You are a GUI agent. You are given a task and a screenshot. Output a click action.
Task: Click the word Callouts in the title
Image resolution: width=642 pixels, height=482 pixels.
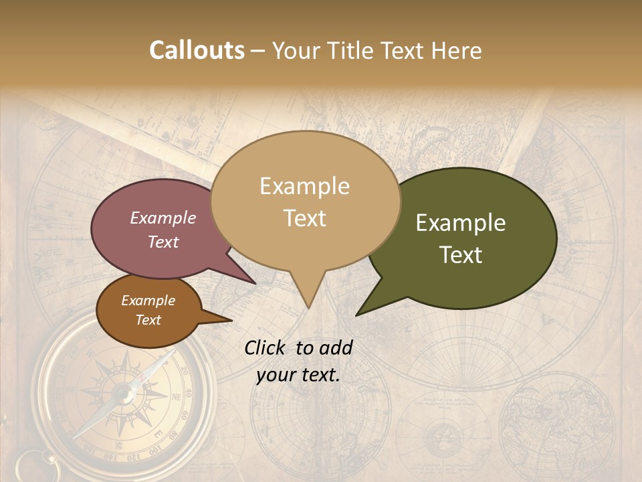point(197,50)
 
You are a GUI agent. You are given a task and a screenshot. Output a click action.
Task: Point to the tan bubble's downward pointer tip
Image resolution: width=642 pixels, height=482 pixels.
point(308,307)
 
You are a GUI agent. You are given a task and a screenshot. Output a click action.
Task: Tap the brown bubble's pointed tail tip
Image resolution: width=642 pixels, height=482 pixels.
point(231,321)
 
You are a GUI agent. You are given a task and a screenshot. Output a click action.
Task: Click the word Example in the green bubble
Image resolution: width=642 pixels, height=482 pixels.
point(461,223)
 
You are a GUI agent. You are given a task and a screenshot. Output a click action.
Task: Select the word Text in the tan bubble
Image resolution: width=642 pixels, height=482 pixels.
point(305,218)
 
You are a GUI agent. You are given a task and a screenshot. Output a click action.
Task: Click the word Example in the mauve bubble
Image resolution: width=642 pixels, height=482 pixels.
point(163,218)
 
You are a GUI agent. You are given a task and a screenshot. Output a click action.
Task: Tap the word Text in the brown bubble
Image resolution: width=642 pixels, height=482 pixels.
point(148,320)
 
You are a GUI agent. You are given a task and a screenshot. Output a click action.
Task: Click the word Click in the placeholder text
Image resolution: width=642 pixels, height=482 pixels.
point(266,347)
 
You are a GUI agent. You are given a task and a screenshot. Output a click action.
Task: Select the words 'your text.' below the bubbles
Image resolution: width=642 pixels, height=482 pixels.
point(298,375)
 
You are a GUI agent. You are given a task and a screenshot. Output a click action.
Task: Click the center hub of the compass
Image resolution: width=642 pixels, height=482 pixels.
point(124,393)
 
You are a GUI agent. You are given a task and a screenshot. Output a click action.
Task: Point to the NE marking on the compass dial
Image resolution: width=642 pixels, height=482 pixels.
point(177,396)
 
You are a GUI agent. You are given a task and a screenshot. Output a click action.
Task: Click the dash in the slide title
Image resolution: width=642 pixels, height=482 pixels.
point(259,51)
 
